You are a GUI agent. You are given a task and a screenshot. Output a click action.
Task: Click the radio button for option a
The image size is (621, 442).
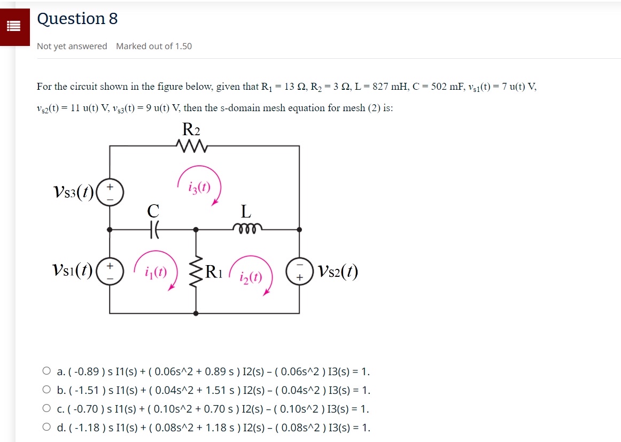[x=47, y=371]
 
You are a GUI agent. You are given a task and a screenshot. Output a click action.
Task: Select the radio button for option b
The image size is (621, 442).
[x=47, y=390]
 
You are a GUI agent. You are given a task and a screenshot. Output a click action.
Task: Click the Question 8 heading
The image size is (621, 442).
[x=77, y=19]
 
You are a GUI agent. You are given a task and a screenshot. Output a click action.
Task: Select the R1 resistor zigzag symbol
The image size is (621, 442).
[x=196, y=273]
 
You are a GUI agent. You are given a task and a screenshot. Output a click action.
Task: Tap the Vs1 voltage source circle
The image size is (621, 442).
[x=111, y=270]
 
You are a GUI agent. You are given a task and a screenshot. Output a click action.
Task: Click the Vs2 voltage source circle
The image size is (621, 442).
[x=299, y=272]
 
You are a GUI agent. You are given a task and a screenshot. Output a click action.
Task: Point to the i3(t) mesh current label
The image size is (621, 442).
[x=199, y=188]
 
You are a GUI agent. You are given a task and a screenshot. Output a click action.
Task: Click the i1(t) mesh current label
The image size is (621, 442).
[x=156, y=272]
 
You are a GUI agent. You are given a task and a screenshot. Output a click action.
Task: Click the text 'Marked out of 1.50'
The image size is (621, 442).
[x=154, y=46]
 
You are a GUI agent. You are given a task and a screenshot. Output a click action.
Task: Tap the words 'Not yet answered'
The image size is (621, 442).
[x=72, y=46]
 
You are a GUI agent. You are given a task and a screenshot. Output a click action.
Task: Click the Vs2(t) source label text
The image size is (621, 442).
[x=337, y=272]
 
